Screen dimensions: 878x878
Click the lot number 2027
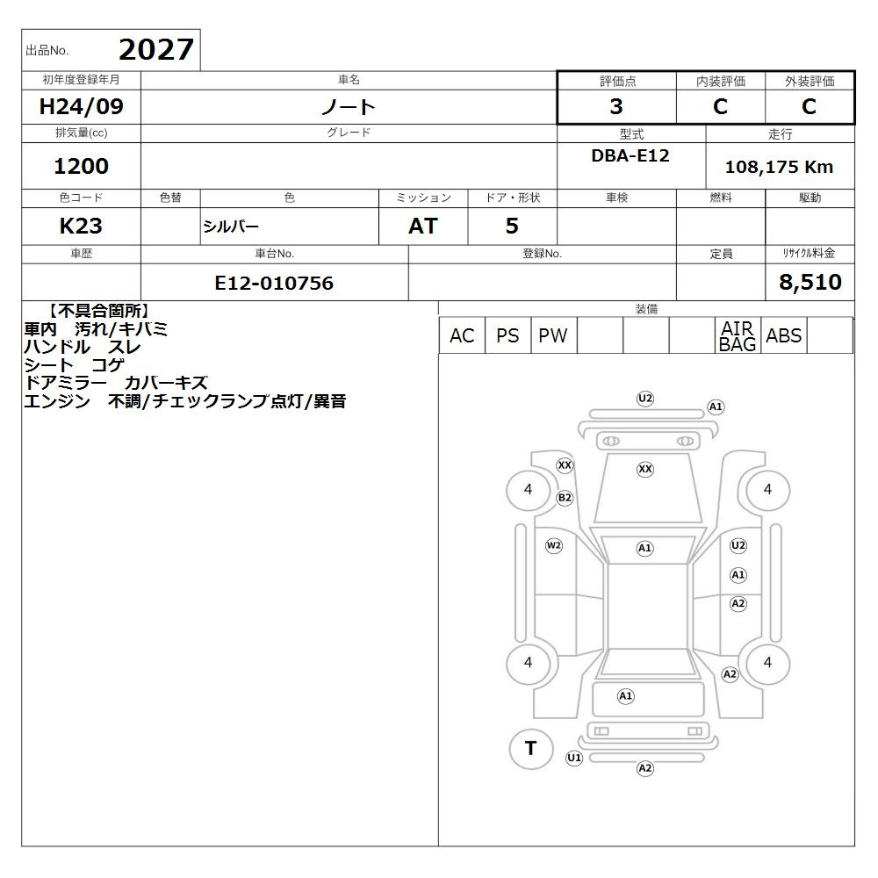156,50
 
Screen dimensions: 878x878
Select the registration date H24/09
81,106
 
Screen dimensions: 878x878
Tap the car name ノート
349,106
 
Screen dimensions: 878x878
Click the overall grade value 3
616,106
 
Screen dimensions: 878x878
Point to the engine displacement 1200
81,166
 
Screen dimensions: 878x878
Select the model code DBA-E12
630,155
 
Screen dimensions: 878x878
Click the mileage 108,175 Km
779,167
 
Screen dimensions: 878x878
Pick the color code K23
81,227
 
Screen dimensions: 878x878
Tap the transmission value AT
423,227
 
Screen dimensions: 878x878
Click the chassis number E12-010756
274,284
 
